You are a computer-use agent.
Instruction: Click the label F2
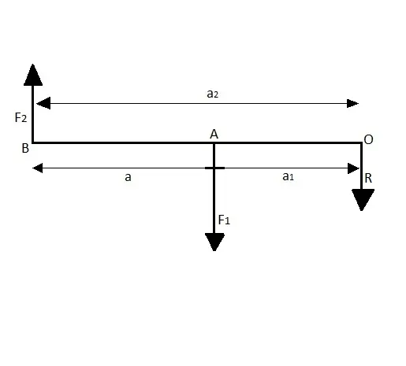pos(20,117)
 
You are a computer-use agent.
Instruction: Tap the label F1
pos(224,220)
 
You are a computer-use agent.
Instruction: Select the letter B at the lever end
pos(25,149)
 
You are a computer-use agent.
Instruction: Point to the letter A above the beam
pos(214,135)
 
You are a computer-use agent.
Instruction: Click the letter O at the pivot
pos(368,139)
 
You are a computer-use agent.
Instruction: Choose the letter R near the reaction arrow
pos(368,179)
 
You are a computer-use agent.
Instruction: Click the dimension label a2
pos(212,94)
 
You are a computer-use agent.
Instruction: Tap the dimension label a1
pos(288,176)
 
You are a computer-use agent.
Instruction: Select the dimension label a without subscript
pos(128,177)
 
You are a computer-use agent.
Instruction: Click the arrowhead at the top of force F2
pos(33,75)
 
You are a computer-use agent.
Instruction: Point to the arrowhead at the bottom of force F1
pos(214,242)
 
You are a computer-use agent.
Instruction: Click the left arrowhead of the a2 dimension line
pos(43,103)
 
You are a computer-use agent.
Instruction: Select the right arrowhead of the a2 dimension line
pos(352,103)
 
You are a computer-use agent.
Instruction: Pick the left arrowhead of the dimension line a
pos(38,168)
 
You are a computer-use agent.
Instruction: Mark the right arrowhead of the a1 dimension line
pos(353,168)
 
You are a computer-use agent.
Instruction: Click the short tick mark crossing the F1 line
pos(214,168)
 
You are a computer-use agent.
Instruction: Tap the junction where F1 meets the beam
pos(214,143)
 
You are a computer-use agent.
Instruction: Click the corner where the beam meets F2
pos(33,142)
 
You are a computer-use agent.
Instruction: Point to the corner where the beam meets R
pos(362,143)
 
